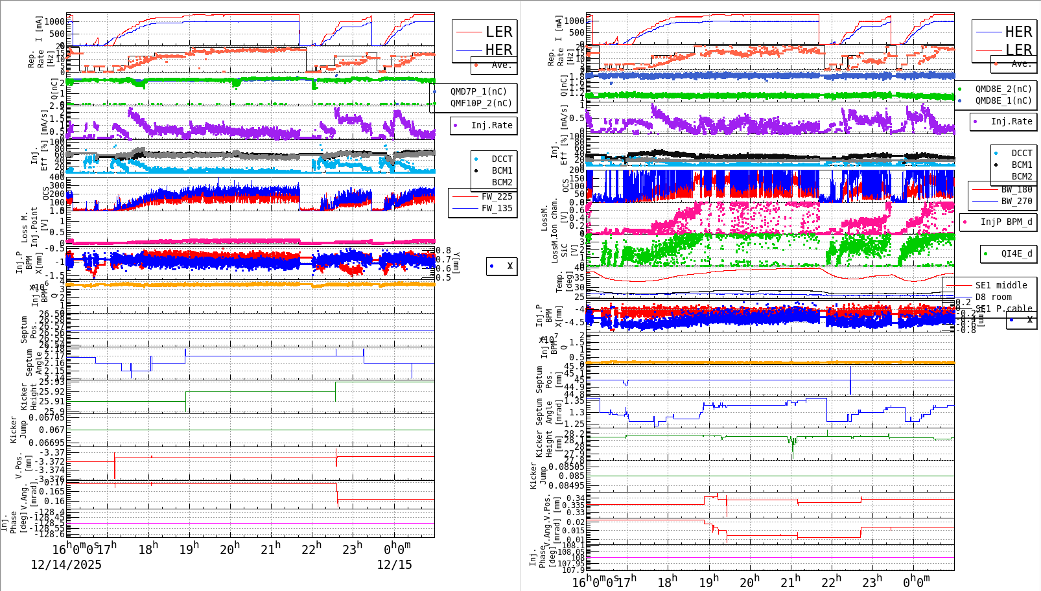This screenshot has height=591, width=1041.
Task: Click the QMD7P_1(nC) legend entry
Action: coord(478,91)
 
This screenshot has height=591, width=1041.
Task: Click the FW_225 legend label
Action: coord(497,196)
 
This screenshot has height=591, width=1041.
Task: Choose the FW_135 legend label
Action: coord(497,208)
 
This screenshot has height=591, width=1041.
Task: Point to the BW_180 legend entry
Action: coord(1016,189)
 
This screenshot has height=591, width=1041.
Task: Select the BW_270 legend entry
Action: coord(1016,201)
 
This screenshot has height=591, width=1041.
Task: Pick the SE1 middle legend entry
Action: coord(1001,285)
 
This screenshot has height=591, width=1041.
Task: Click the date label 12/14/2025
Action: coord(66,564)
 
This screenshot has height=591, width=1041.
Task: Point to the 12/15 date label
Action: coord(394,564)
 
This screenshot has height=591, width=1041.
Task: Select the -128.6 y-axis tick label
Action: coord(51,534)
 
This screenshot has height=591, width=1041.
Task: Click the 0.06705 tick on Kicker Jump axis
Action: coord(47,417)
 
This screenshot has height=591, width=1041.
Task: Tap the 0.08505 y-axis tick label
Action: coord(566,466)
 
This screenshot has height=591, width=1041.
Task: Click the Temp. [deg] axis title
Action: coord(561,282)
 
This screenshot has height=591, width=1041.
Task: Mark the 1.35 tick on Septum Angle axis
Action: coord(574,400)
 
